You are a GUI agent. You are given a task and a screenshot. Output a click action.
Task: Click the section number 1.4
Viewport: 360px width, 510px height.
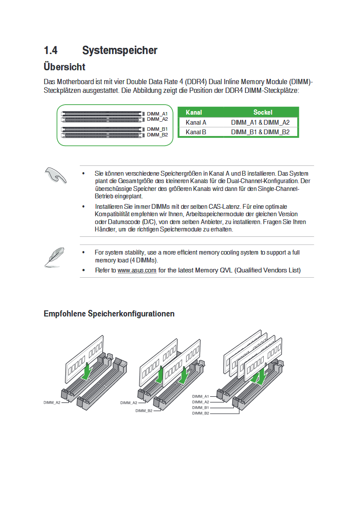(51, 51)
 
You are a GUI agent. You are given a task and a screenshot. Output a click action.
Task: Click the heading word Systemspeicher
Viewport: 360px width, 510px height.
(119, 51)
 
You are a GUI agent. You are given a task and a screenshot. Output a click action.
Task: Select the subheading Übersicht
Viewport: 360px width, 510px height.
(65, 67)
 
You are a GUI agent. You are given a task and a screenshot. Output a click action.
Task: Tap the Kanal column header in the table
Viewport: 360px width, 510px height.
(194, 112)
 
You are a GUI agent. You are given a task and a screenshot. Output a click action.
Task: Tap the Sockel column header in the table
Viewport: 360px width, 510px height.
(262, 112)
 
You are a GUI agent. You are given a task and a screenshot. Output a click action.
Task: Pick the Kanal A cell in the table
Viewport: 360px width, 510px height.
(196, 122)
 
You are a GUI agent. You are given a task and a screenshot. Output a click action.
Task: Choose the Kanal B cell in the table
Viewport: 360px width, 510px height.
(196, 132)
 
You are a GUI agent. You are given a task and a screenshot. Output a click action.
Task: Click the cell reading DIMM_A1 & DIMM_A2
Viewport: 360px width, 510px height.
(260, 122)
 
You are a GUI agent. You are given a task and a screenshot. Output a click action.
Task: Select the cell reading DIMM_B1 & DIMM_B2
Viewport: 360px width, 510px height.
(260, 132)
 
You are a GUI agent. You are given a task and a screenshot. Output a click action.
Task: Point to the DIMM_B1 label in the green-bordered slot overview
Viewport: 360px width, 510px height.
(157, 129)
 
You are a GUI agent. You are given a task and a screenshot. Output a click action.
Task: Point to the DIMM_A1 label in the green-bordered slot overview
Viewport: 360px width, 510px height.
(157, 114)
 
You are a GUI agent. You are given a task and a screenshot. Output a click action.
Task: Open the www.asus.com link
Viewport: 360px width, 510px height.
(137, 270)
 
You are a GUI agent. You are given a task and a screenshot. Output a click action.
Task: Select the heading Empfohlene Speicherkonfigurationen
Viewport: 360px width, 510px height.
(109, 314)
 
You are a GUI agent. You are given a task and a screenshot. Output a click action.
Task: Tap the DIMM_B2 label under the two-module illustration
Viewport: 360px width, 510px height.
(144, 411)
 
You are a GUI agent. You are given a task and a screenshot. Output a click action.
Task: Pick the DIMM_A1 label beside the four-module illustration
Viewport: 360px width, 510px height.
(200, 396)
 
